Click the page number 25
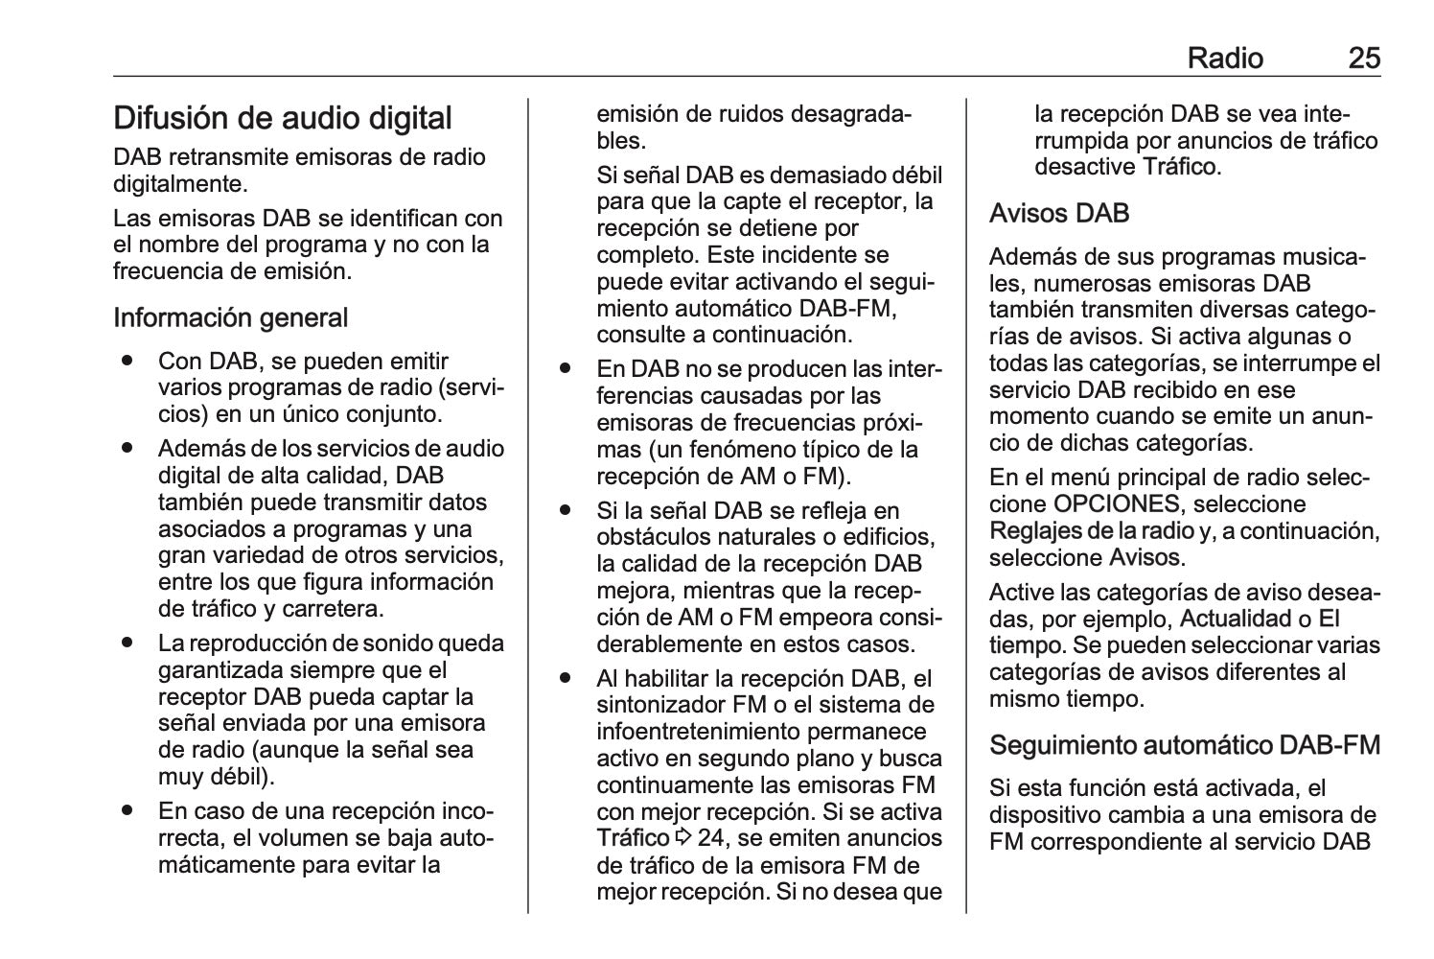1364,58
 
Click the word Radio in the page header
1225,58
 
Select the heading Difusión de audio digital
283,118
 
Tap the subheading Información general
230,317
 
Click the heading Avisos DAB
1059,213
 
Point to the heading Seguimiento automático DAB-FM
1185,745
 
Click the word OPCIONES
1117,504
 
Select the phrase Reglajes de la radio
1091,530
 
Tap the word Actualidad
1236,619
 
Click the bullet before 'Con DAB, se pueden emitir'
127,362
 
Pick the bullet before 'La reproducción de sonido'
127,643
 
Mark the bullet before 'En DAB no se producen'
566,369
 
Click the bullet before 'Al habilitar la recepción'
566,679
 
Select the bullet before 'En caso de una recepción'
127,811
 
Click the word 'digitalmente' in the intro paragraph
177,183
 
